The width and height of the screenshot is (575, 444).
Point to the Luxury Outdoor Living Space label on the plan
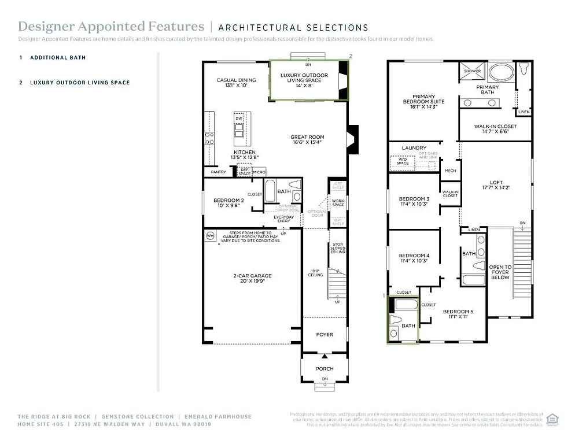click(304, 78)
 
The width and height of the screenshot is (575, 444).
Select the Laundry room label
click(414, 148)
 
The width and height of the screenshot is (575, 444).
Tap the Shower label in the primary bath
click(472, 71)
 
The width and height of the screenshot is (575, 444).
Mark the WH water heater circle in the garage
click(211, 236)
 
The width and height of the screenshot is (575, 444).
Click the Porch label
click(325, 368)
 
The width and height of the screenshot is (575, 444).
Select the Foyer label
click(325, 335)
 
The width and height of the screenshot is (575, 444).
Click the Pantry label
click(218, 172)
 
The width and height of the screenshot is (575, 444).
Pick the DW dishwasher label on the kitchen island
click(238, 118)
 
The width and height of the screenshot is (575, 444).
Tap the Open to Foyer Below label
click(500, 272)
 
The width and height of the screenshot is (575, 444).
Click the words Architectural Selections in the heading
click(293, 27)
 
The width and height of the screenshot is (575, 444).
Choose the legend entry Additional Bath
click(58, 58)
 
